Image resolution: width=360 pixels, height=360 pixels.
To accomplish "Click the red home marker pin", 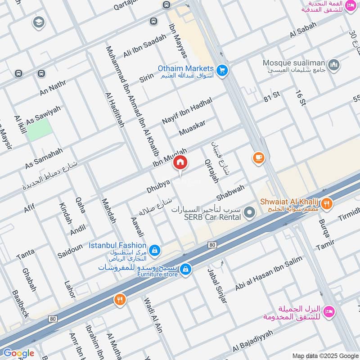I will (x=180, y=162).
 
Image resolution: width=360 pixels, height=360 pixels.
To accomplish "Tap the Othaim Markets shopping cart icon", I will (x=221, y=71).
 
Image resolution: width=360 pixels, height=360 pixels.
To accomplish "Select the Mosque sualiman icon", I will (x=333, y=65).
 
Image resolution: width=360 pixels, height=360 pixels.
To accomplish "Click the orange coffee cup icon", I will (x=258, y=157).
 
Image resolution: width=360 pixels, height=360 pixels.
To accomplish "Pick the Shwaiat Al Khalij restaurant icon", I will (x=327, y=203).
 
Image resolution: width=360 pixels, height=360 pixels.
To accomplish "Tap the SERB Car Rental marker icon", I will (x=250, y=212).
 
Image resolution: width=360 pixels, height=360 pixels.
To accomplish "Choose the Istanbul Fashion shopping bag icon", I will (x=154, y=250).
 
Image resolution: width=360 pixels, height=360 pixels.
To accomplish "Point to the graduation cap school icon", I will (x=39, y=22).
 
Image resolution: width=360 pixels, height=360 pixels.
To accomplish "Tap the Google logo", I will (x=18, y=353).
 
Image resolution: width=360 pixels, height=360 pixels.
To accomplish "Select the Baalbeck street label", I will (x=20, y=304).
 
